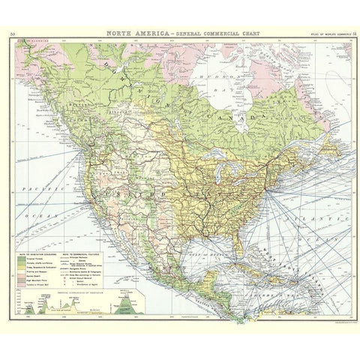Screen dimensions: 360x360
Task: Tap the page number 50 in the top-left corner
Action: [x=13, y=34]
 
